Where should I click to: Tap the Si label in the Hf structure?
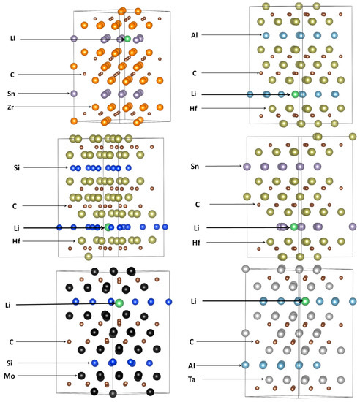[16, 168]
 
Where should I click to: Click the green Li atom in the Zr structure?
[127, 37]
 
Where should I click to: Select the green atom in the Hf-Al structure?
[296, 94]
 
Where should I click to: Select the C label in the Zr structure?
[12, 74]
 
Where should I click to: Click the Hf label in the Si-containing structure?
[18, 240]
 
